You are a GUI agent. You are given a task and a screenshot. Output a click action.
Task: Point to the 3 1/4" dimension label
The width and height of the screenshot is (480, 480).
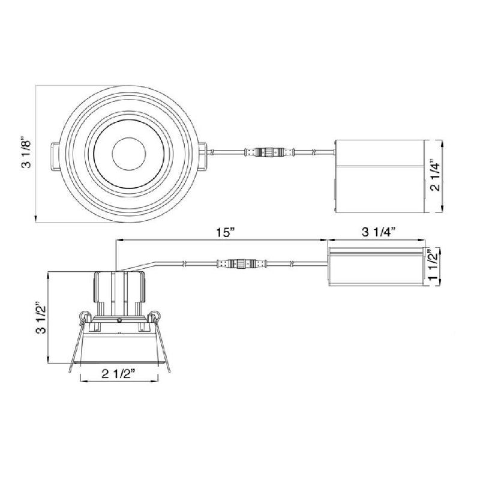(379, 233)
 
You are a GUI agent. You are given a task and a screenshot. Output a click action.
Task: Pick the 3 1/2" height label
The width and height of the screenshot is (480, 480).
(41, 319)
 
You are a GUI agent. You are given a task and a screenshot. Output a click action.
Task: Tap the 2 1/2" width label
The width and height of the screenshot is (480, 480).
(118, 374)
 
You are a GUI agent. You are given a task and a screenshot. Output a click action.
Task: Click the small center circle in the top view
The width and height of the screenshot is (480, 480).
(128, 154)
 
